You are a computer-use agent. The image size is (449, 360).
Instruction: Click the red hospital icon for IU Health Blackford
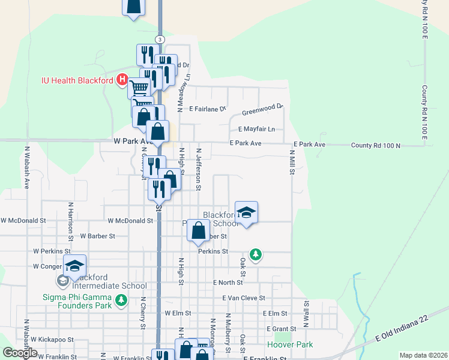(122, 80)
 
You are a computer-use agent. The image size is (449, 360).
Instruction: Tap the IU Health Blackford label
(78, 80)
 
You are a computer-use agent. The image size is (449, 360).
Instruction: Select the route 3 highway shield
(159, 39)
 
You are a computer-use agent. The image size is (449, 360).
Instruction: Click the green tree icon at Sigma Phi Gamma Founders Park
(122, 299)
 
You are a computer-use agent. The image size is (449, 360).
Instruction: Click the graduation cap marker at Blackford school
(246, 213)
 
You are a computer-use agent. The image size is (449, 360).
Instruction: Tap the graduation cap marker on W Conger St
(75, 266)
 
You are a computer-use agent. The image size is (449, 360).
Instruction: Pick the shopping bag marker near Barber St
(199, 230)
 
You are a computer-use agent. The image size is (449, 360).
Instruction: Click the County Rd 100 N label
(375, 145)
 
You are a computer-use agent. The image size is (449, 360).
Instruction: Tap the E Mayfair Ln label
(256, 129)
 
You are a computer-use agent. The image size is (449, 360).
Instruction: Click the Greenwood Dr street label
(262, 109)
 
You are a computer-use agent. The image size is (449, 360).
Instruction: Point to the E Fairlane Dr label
(207, 109)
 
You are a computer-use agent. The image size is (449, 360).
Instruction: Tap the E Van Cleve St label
(243, 298)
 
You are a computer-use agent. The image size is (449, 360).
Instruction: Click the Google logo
(20, 353)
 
